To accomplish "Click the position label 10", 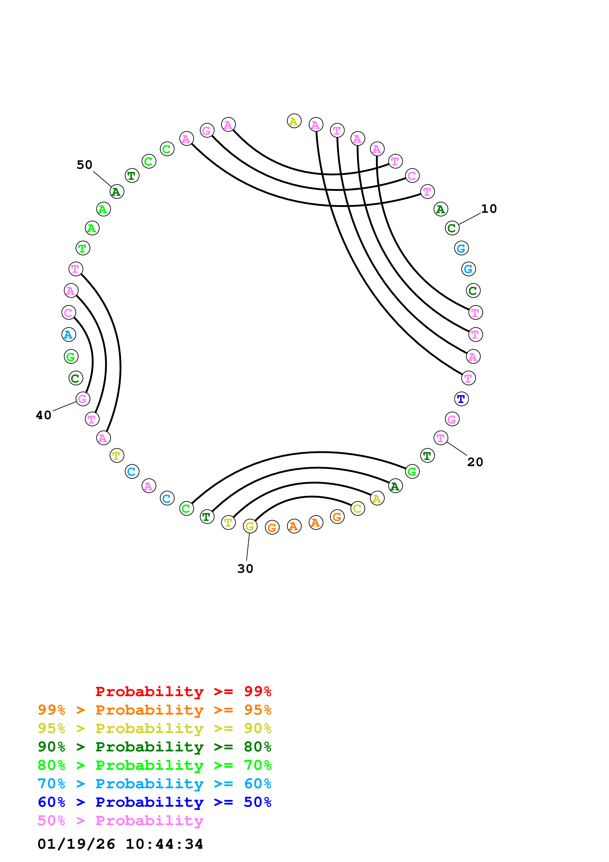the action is pyautogui.click(x=489, y=209).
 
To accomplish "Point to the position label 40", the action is pyautogui.click(x=43, y=415).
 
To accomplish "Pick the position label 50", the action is pyautogui.click(x=85, y=165).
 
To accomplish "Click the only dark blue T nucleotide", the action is pyautogui.click(x=461, y=399).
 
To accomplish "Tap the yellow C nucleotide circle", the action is pyautogui.click(x=358, y=509).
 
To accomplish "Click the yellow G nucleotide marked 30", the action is pyautogui.click(x=250, y=526).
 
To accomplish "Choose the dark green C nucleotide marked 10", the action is pyautogui.click(x=452, y=228).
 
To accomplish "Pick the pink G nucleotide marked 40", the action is pyautogui.click(x=83, y=399).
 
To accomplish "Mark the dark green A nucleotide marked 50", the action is pyautogui.click(x=117, y=192).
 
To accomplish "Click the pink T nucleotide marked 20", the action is pyautogui.click(x=441, y=438).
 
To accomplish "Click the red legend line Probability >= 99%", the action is pyautogui.click(x=183, y=691).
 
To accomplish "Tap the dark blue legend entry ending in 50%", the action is pyautogui.click(x=154, y=802).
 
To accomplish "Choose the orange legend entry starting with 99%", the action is pyautogui.click(x=154, y=710).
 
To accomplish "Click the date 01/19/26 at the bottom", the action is pyautogui.click(x=76, y=844).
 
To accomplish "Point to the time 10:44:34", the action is pyautogui.click(x=164, y=844).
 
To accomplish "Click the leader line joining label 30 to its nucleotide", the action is pyautogui.click(x=248, y=547).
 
